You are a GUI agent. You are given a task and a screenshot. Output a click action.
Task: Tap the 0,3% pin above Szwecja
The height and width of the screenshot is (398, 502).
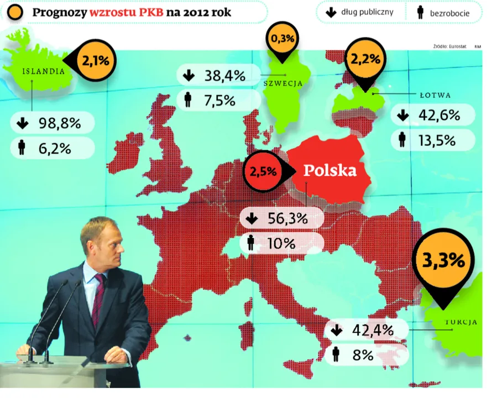282,40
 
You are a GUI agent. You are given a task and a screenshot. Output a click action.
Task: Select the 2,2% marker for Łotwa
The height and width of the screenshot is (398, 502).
365,61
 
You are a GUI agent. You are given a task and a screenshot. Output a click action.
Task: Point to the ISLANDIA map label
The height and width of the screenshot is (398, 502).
44,71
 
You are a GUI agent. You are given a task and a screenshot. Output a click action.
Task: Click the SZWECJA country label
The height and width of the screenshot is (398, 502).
283,83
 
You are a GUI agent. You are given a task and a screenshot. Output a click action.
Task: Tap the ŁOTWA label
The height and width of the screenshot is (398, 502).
435,95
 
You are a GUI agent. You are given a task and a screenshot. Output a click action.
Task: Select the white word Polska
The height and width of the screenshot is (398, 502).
330,170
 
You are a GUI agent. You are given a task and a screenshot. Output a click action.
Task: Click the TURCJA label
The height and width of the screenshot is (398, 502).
461,322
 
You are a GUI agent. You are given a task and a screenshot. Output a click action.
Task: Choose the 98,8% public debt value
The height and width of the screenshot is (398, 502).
60,123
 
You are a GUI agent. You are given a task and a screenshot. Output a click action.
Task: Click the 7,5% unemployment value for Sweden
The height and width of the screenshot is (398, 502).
219,101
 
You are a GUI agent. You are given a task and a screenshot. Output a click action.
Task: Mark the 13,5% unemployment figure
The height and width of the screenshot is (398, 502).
437,140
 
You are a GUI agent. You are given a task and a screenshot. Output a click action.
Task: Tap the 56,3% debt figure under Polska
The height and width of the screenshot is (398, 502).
287,218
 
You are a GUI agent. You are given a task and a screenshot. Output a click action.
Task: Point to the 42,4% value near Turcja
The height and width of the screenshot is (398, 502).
373,330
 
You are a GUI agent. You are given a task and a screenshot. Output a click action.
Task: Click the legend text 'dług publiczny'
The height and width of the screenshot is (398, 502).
367,12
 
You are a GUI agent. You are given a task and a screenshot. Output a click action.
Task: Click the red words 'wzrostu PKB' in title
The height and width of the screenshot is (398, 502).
127,12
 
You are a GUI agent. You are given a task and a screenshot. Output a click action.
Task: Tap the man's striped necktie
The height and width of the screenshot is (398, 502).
98,299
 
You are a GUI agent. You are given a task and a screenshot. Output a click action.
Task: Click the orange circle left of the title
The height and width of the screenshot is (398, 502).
15,12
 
